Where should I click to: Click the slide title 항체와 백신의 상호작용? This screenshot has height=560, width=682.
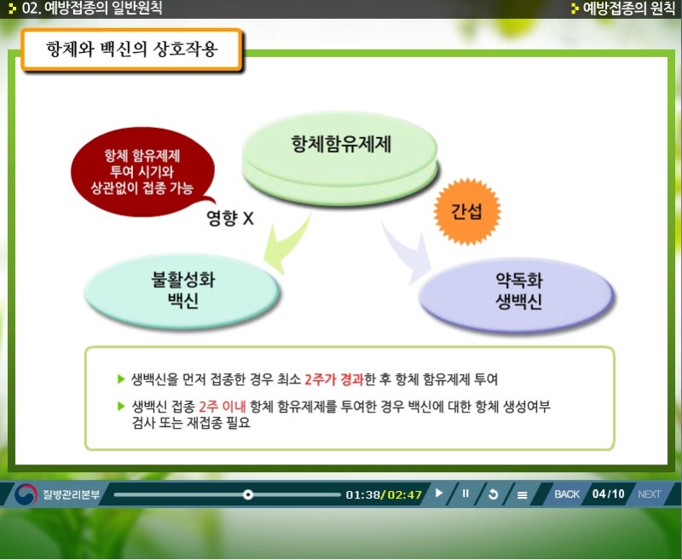tap(131, 49)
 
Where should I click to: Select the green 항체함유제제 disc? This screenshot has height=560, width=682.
tap(340, 158)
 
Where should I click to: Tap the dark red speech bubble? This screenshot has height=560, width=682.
tap(142, 171)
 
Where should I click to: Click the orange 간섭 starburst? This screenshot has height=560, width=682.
tap(467, 211)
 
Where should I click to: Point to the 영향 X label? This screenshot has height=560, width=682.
tap(229, 217)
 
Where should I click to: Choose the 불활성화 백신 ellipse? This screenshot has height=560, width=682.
tap(182, 291)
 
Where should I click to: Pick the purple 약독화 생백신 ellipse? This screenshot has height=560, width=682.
tap(517, 294)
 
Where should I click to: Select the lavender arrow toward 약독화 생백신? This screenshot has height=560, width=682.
tap(407, 252)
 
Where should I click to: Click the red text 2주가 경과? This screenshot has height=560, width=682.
tap(333, 379)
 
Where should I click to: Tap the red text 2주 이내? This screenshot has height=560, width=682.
tap(223, 407)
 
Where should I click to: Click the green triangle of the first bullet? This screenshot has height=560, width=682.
tap(121, 379)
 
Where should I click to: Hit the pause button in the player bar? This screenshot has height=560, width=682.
tap(465, 494)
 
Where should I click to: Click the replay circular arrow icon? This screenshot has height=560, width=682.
tap(494, 494)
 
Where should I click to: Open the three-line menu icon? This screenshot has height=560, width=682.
tap(522, 494)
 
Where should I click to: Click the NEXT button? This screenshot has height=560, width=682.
tap(649, 494)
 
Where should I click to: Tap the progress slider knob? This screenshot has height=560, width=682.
tap(248, 494)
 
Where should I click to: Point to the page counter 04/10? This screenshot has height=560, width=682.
tap(608, 494)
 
